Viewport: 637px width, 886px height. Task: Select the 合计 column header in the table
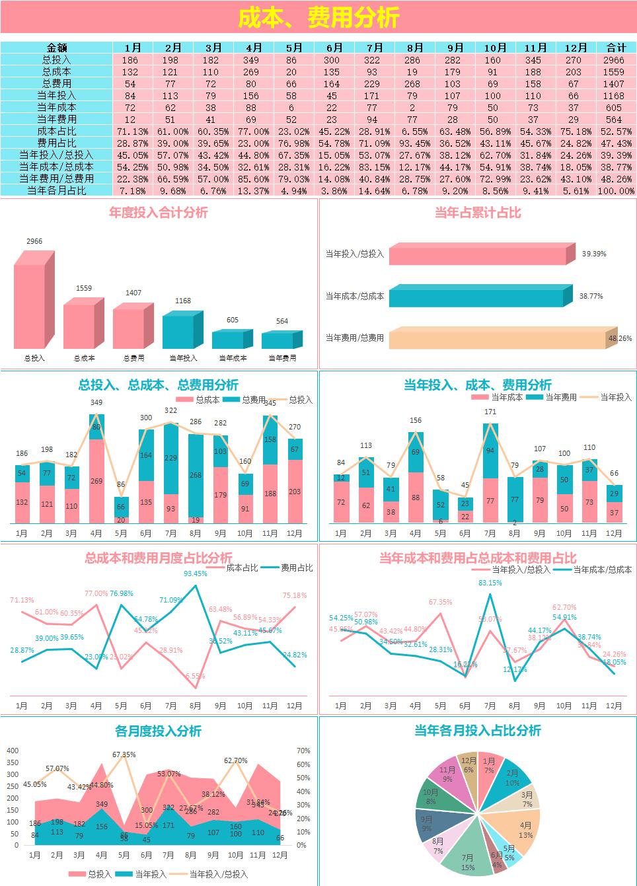pos(616,48)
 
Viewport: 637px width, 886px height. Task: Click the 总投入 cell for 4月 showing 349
pos(254,59)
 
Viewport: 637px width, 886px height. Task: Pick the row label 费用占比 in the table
pos(57,143)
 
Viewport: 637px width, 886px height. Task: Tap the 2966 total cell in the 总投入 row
pos(616,59)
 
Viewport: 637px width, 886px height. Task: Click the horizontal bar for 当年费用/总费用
pos(499,338)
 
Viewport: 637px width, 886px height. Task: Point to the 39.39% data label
pos(593,254)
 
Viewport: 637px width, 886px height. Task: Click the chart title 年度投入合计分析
pos(159,213)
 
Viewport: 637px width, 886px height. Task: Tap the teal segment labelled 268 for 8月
pos(196,474)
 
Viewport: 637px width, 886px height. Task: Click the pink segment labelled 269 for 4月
pos(96,480)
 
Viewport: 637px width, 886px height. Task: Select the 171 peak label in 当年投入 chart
pos(490,412)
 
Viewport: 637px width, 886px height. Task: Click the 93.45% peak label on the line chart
pos(196,573)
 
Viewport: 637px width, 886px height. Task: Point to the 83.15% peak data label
pos(490,583)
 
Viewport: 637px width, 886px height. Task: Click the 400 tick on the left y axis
pos(13,751)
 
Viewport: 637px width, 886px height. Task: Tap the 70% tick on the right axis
pos(303,751)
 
